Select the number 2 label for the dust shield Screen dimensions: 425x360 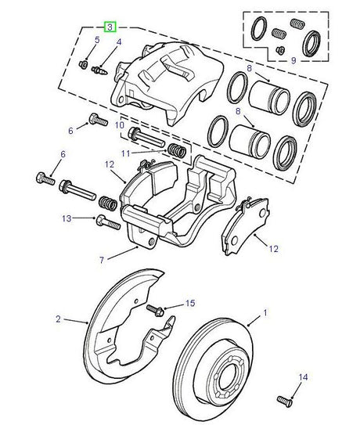(58, 319)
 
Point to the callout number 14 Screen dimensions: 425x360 (300, 378)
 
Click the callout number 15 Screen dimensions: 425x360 (189, 303)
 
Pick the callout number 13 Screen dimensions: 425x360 (68, 218)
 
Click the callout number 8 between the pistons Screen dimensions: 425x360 (249, 68)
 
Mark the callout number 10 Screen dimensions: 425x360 (120, 124)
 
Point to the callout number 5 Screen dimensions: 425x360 (97, 39)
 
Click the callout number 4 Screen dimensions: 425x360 (118, 41)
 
